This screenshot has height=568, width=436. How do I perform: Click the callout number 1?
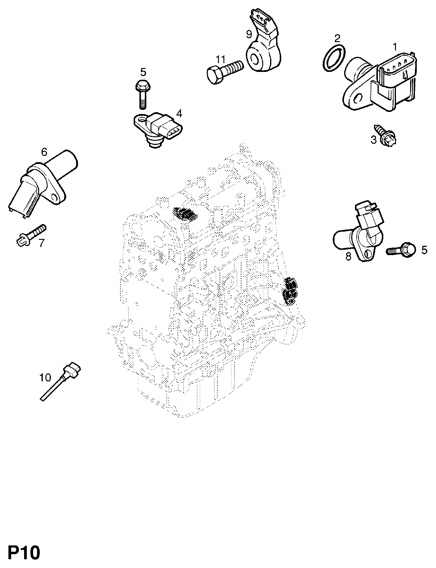[394, 47]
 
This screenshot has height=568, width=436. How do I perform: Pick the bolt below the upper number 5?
[142, 94]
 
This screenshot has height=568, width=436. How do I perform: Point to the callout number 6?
[44, 152]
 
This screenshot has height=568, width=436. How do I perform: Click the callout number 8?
[348, 257]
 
